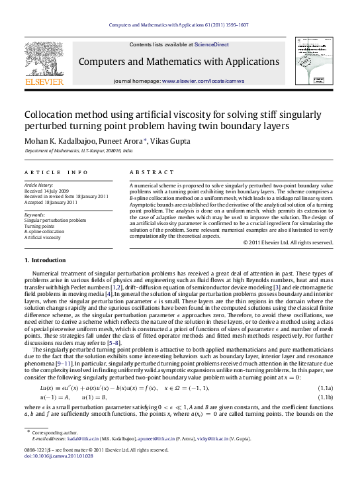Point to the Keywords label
pos(35,215)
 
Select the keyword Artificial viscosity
pos(42,236)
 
